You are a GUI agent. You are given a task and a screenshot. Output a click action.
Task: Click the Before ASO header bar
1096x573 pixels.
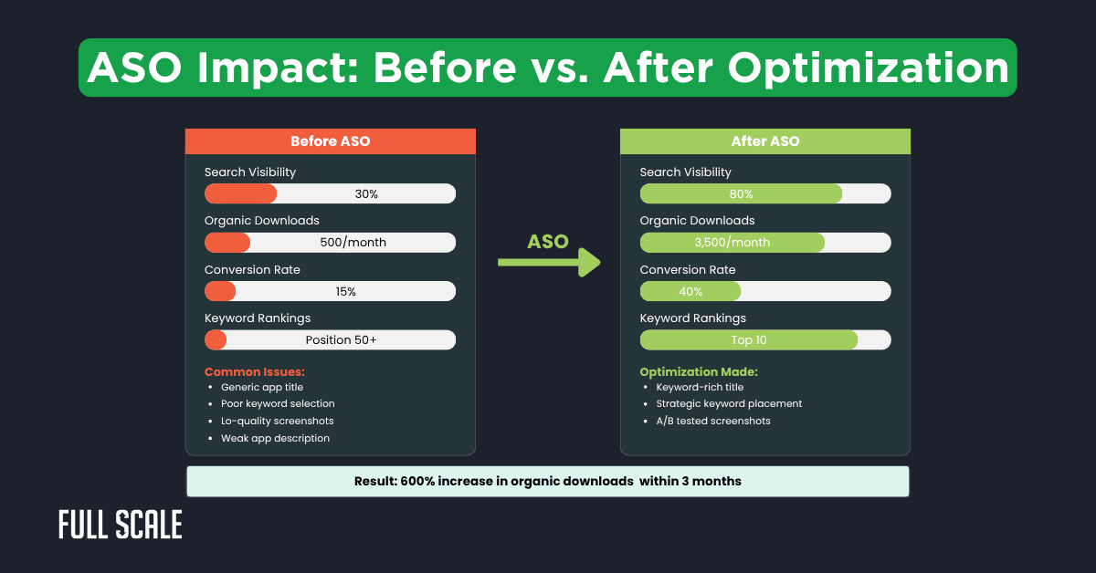point(330,141)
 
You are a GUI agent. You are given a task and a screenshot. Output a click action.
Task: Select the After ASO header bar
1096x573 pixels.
point(764,141)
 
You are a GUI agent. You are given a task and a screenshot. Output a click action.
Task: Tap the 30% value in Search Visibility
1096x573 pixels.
point(366,194)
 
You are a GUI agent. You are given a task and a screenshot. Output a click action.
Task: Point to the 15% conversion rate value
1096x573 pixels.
point(345,292)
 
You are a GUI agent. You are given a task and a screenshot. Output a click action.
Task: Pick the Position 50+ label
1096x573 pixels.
point(341,340)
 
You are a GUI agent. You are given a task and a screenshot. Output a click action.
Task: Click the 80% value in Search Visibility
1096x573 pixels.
point(742,194)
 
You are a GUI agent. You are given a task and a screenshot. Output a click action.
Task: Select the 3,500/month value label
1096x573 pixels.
point(732,243)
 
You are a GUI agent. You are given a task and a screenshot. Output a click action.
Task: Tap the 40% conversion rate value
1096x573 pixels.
point(690,292)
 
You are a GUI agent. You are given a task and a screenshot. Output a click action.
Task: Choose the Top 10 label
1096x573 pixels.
point(748,340)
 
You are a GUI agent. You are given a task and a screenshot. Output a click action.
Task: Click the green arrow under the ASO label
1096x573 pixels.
point(549,263)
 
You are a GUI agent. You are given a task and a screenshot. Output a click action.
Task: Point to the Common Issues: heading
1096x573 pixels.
point(255,372)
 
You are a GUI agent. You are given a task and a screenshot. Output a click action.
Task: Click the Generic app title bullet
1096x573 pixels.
point(262,388)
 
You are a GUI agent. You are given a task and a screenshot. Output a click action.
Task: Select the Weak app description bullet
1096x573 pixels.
point(275,439)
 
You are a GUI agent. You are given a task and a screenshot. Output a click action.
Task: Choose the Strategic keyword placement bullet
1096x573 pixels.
point(729,404)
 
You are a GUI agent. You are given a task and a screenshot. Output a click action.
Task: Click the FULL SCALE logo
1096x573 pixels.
point(121,525)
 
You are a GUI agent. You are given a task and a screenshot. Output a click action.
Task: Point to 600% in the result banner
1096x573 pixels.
point(418,481)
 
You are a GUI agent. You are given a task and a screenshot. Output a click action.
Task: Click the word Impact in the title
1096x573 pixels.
point(294,68)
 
